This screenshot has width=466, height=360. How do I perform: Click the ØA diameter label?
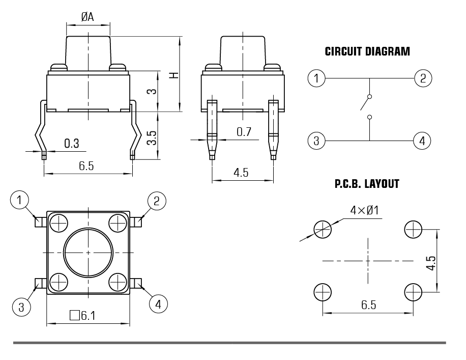[88, 17]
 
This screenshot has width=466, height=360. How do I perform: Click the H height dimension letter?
[173, 75]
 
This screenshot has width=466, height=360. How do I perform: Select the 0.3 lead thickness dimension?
[72, 144]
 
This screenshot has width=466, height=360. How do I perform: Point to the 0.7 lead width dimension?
[244, 132]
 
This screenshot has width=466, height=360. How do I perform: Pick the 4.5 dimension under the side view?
[241, 173]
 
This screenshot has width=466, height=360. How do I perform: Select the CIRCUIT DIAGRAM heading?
[367, 51]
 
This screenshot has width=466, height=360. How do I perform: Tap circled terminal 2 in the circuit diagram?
[423, 78]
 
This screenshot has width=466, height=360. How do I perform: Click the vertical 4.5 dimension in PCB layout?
[431, 262]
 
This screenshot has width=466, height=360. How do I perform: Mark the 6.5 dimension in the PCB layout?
[369, 305]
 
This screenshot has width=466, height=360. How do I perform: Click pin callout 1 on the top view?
[20, 201]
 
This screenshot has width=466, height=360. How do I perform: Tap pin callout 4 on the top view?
[158, 304]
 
